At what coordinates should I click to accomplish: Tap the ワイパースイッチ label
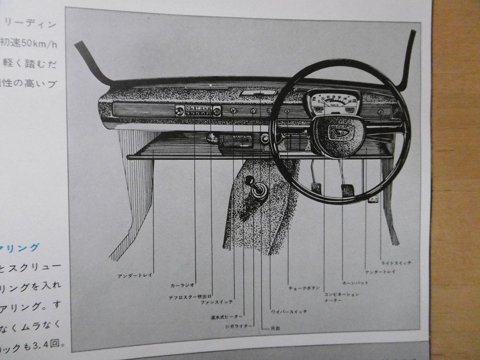click(289, 311)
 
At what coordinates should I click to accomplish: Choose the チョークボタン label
click(304, 288)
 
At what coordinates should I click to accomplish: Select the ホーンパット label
click(355, 283)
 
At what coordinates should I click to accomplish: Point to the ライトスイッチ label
click(396, 263)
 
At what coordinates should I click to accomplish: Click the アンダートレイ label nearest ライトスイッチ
click(380, 272)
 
